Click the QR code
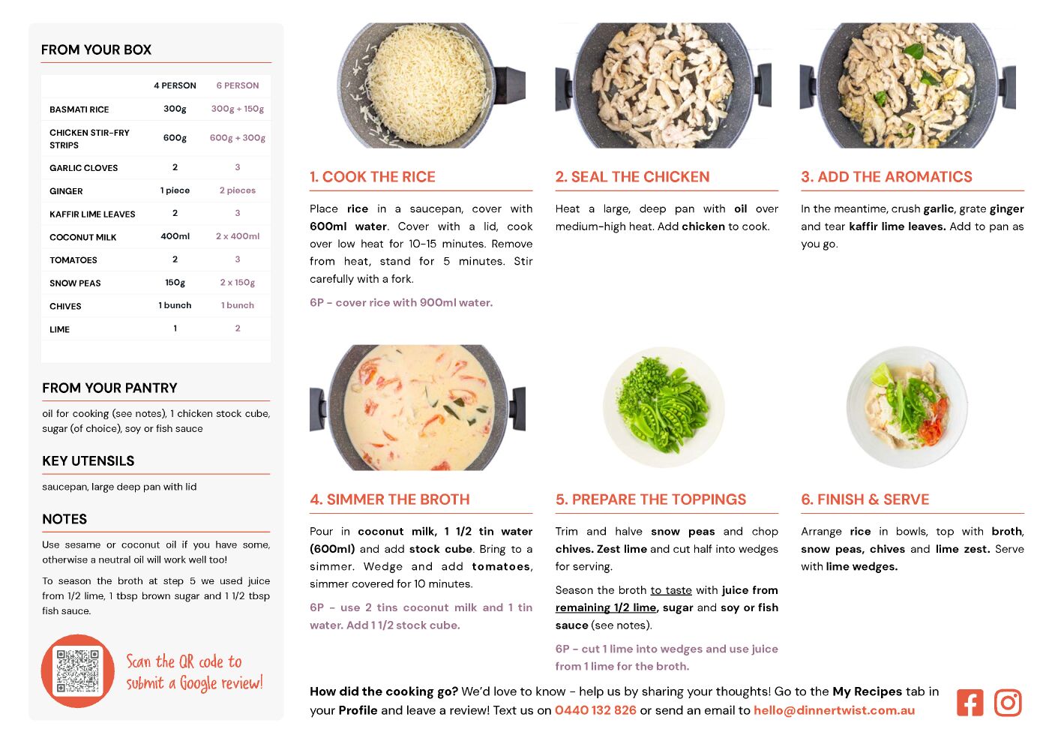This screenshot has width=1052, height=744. pyautogui.click(x=78, y=670)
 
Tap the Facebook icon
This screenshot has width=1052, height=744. pyautogui.click(x=970, y=703)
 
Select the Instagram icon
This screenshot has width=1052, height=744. pyautogui.click(x=1008, y=703)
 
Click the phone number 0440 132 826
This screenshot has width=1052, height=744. pyautogui.click(x=595, y=710)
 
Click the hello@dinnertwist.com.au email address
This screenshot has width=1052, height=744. pyautogui.click(x=834, y=710)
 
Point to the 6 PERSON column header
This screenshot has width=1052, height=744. pyautogui.click(x=238, y=85)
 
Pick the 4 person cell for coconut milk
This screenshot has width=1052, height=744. pyautogui.click(x=175, y=236)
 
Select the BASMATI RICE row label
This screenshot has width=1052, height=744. pyautogui.click(x=79, y=109)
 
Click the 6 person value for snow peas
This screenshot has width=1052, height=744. pyautogui.click(x=238, y=282)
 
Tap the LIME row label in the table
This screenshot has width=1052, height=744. pyautogui.click(x=60, y=329)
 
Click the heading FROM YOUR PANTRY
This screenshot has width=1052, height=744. pyautogui.click(x=109, y=388)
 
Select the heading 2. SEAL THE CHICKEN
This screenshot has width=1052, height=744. pyautogui.click(x=633, y=176)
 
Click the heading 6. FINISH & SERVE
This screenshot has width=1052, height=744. pyautogui.click(x=865, y=499)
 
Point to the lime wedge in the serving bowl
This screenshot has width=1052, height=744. pyautogui.click(x=883, y=376)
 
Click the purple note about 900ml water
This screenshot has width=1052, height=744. pyautogui.click(x=401, y=302)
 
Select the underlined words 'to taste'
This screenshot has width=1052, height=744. pyautogui.click(x=671, y=590)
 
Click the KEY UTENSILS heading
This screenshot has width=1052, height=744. pyautogui.click(x=88, y=460)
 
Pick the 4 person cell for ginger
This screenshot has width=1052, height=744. pyautogui.click(x=175, y=190)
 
